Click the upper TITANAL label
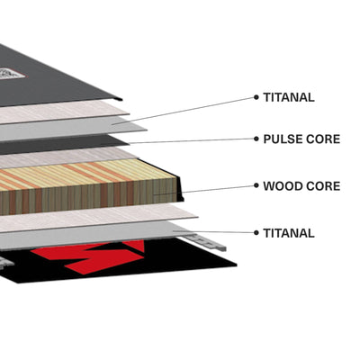pos(289,97)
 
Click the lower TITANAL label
pos(289,233)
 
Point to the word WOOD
pos(283,186)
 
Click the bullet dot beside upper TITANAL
pos(256,97)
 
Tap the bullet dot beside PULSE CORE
pos(256,139)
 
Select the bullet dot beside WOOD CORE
pos(256,185)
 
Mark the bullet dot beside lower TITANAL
pos(256,233)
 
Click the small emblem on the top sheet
pos(12,74)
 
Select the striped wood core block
pos(87,186)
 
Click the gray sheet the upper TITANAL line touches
pos(75,129)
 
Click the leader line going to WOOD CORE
pos(218,189)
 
